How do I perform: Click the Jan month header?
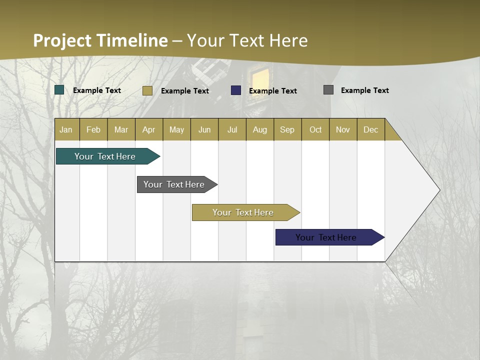point(66,129)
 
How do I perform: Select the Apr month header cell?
point(149,129)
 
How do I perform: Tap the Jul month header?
point(232,129)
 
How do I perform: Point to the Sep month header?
point(287,129)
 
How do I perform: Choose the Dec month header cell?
point(370,129)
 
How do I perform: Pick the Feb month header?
point(93,129)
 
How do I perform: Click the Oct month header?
point(315,129)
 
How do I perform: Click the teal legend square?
point(59,90)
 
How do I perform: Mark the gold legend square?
point(147,90)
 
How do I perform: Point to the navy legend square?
point(236,90)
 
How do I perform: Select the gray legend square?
point(328,90)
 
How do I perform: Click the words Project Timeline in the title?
point(100,40)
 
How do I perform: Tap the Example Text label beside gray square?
point(364,90)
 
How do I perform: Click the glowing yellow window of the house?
point(260,77)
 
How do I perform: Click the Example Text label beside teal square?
point(97,90)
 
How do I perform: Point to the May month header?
point(176,129)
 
